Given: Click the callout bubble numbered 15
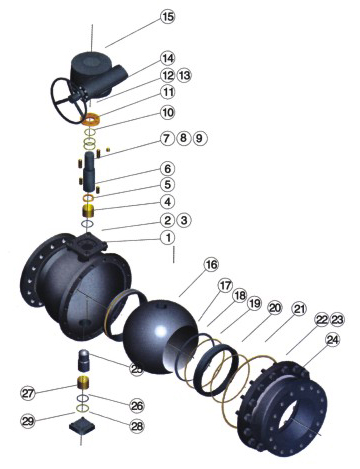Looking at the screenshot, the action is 168,16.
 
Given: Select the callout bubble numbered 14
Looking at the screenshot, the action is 167,58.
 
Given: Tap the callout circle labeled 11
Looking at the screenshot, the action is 168,92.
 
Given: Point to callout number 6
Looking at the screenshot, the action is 168,169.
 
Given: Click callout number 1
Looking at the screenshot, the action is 168,238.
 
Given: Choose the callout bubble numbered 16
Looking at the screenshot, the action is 211,265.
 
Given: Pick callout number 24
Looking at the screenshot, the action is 332,340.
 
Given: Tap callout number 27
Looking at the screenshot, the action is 28,393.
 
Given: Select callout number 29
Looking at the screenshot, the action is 28,421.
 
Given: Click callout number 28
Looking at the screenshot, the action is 137,426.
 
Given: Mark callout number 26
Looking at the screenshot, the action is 137,406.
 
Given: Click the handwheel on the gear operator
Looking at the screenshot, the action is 67,100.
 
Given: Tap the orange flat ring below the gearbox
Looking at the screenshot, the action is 91,119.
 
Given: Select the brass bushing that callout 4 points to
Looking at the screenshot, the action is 88,211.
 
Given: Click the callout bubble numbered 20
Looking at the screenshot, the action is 274,308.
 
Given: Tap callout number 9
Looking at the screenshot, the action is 199,138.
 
